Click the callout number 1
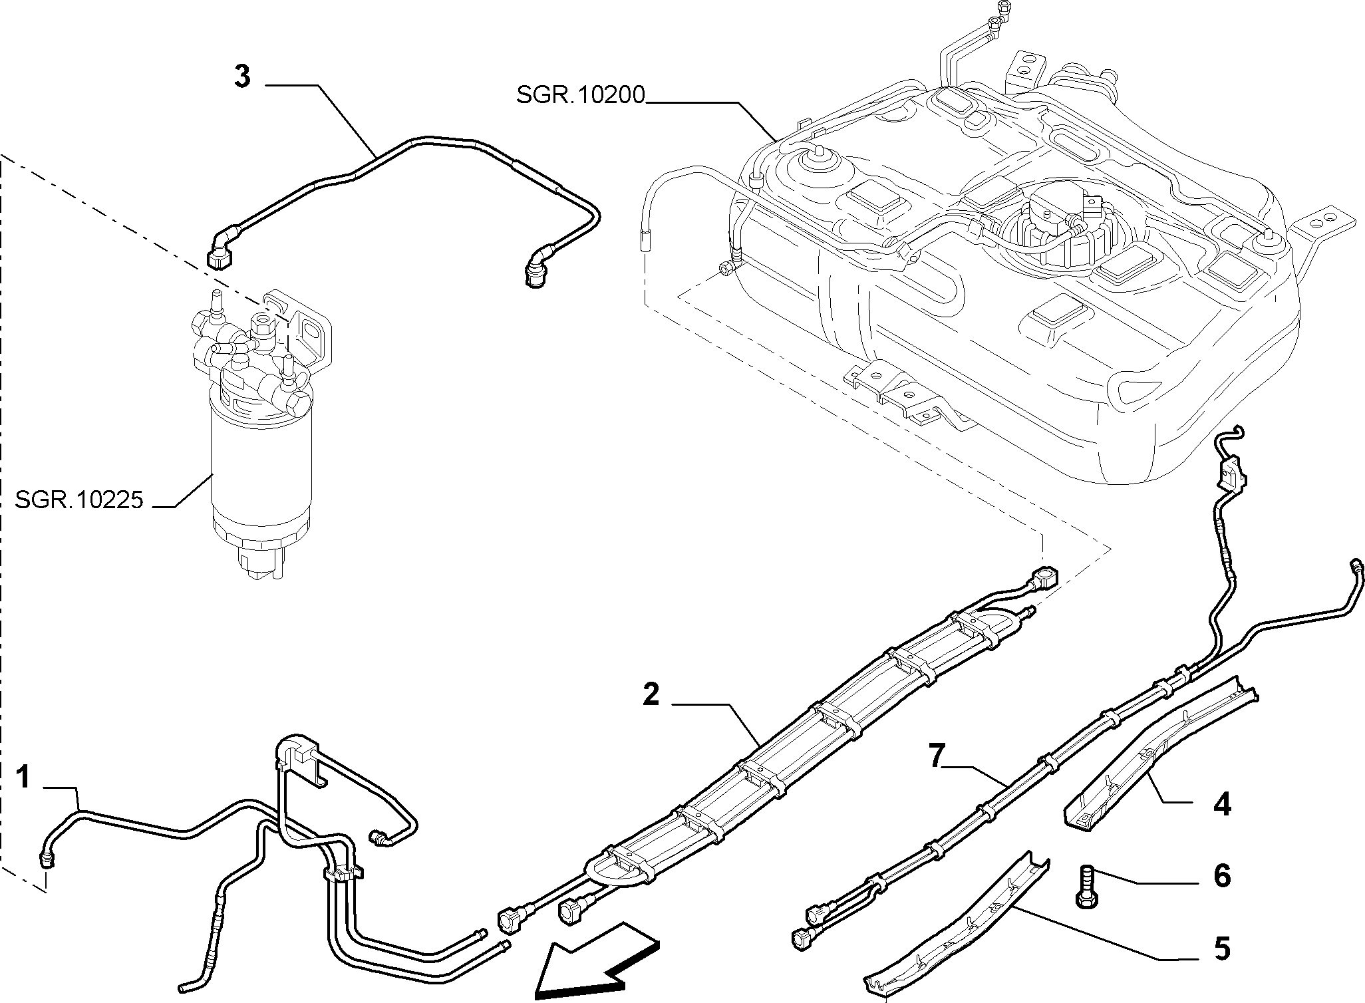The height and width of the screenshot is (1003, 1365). (23, 777)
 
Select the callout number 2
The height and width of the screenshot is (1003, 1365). (651, 694)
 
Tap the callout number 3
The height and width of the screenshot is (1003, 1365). (242, 77)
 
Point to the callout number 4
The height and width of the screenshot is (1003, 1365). (1222, 804)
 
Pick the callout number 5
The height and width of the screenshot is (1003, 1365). (1222, 949)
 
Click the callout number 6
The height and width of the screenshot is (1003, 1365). (1222, 876)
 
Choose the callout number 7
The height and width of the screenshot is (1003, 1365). (937, 758)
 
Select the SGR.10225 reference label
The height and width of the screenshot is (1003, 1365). (79, 500)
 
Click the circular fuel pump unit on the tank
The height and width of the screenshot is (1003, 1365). (1058, 226)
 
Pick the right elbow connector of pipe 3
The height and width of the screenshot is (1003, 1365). (535, 269)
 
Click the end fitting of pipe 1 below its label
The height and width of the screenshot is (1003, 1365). (47, 859)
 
